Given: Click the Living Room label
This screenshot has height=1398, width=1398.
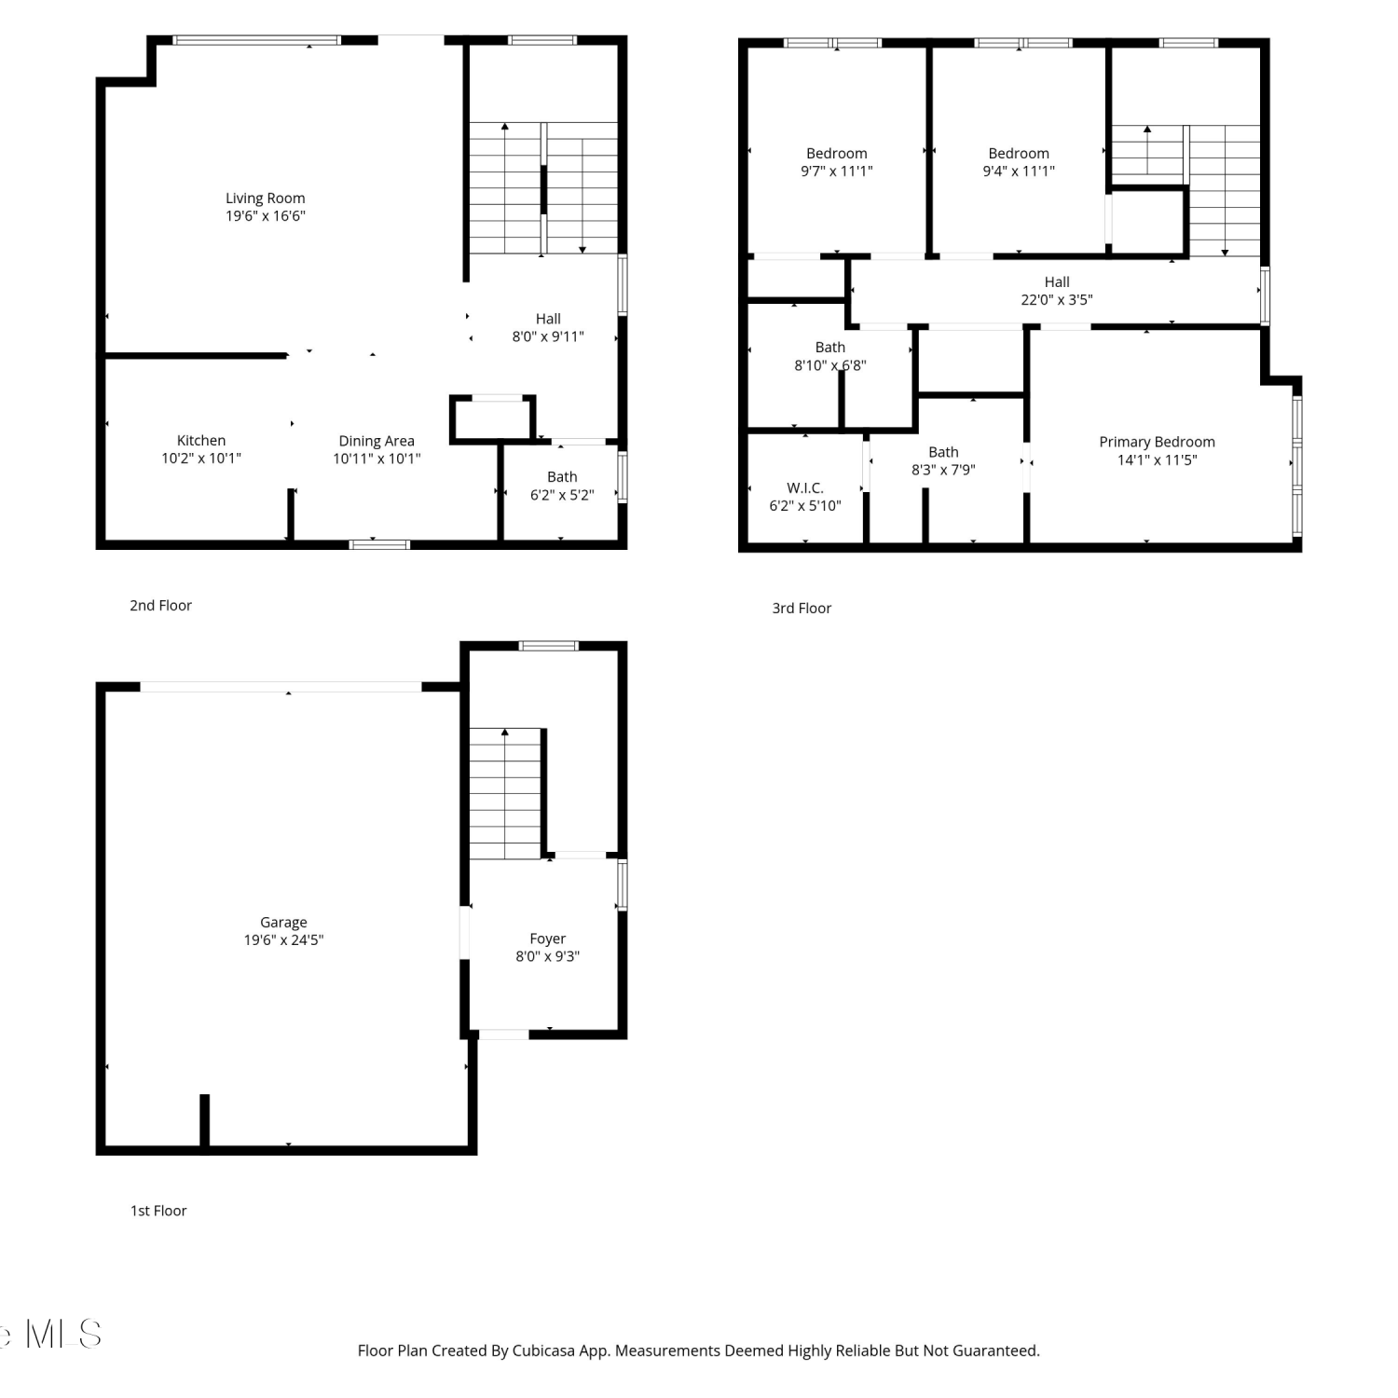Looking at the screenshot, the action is pos(266,198).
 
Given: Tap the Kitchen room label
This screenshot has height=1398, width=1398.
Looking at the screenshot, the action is pos(201,440).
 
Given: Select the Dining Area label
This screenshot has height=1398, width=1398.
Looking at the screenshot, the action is pos(377,441).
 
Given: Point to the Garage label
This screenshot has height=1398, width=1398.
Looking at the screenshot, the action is pos(283,922).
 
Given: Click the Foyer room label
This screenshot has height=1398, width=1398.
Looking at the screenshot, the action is pos(548,939).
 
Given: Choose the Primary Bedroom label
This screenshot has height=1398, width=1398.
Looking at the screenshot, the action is pos(1157,442).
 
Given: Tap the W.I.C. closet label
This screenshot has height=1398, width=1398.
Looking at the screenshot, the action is pos(805,487).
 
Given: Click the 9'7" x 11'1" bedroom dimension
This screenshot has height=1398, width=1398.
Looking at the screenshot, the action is pos(837,171).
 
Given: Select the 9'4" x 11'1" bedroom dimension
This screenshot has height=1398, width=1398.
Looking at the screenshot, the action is pos(1019,171).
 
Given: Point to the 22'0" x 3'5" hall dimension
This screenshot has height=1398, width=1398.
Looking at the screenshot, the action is pos(1057,299).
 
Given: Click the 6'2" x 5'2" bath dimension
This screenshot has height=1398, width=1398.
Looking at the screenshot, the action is pos(562,495).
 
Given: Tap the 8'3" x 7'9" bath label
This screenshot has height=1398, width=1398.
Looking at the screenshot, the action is pos(943,460).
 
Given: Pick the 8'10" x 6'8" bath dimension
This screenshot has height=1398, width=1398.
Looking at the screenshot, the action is pos(830,365).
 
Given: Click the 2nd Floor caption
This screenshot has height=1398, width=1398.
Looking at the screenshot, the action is pos(160,605).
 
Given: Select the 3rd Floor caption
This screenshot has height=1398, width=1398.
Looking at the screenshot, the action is pos(802,608).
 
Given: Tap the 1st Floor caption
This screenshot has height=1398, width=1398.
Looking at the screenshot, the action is pos(158,1211).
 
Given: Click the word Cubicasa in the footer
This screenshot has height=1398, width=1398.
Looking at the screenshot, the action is pos(543,1350).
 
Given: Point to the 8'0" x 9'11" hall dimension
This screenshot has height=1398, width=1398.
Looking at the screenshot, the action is pos(548,336).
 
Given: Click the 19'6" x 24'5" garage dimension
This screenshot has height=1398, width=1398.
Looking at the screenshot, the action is pos(283,939).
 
